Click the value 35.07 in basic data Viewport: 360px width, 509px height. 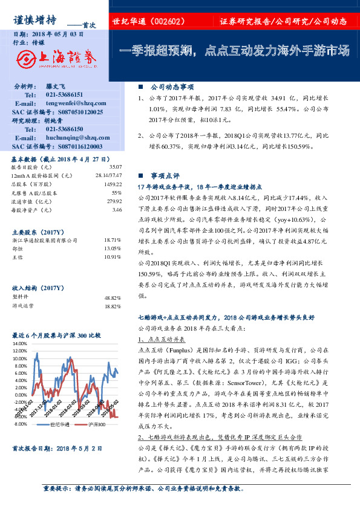tap(115, 167)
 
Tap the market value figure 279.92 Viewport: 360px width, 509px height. tap(114, 201)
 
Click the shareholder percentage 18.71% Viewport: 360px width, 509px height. tap(113, 240)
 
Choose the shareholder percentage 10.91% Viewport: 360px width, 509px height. tap(113, 257)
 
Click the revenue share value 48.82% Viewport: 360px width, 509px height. tap(113, 297)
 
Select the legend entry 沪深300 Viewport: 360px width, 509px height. tap(96, 424)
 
